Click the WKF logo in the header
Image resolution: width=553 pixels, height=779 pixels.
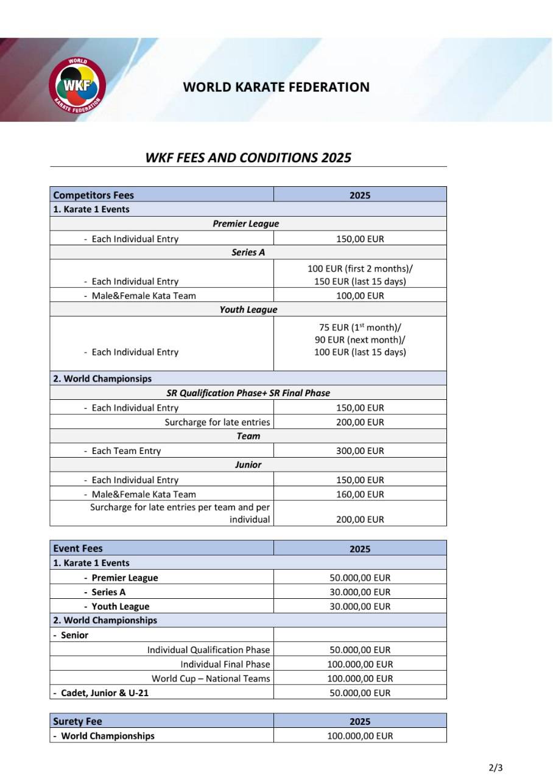pos(77,86)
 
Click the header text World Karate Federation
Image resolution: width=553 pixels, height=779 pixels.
pos(276,87)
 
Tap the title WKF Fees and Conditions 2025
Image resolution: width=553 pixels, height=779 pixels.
pos(248,158)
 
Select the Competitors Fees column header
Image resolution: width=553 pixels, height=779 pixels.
pos(94,195)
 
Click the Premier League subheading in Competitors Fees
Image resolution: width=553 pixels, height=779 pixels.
pos(245,224)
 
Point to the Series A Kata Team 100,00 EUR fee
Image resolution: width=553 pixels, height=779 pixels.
pos(360,296)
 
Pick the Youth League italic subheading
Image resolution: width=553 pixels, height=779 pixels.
pos(248,310)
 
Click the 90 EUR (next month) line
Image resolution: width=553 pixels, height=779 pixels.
pos(360,340)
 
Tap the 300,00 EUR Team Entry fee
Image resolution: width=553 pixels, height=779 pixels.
pos(360,451)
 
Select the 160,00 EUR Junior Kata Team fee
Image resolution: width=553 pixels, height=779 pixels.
pos(360,494)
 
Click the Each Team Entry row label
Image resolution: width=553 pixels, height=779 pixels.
pos(126,451)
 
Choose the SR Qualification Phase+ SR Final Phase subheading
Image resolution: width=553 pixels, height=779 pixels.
pos(248,393)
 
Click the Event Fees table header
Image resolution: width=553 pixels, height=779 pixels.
pos(78,548)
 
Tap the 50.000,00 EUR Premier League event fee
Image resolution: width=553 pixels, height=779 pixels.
pos(360,578)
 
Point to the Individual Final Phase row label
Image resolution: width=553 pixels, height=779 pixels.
pos(225,664)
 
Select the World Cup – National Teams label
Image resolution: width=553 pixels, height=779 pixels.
pos(211,679)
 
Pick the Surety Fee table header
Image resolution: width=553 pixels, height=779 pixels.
pos(77,721)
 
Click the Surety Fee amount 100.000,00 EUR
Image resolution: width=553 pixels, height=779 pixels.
pos(360,736)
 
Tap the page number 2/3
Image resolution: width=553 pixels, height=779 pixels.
pos(496,767)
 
